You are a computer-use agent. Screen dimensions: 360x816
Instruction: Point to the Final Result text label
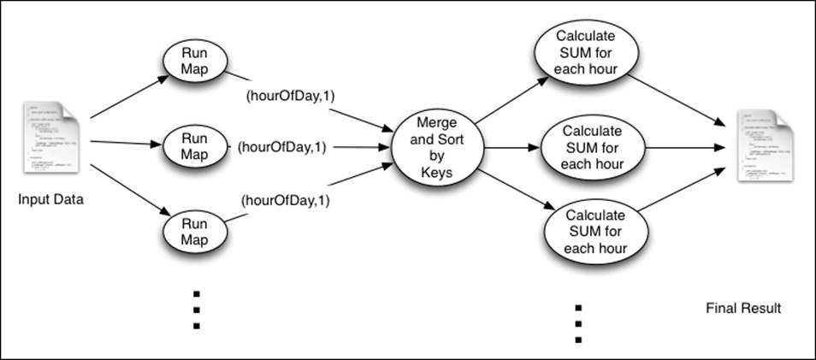click(x=743, y=308)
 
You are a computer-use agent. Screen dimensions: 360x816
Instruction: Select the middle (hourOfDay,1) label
click(x=281, y=147)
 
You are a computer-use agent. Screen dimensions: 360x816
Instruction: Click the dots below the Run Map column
click(x=196, y=310)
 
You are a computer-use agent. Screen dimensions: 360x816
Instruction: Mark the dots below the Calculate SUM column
click(x=578, y=323)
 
